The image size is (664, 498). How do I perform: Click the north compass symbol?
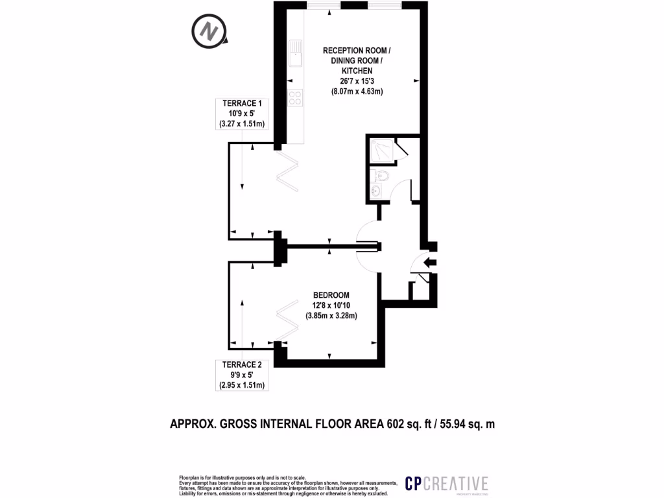coord(209,31)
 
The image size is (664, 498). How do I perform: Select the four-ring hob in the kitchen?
coord(296,98)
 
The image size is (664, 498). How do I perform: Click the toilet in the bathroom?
coord(381,175)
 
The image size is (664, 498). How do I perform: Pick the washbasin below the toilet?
coord(376,191)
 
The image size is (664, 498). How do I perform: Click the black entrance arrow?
coord(430,262)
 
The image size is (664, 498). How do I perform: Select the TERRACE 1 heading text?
coord(243,104)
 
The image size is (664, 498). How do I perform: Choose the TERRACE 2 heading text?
coord(242,365)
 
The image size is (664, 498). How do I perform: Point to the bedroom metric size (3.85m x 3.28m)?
coord(331,316)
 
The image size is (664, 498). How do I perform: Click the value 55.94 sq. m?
coord(467,425)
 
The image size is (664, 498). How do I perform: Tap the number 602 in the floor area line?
coord(396,425)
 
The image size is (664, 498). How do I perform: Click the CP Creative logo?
coord(446,483)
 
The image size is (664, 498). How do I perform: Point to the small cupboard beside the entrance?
coord(420,288)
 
